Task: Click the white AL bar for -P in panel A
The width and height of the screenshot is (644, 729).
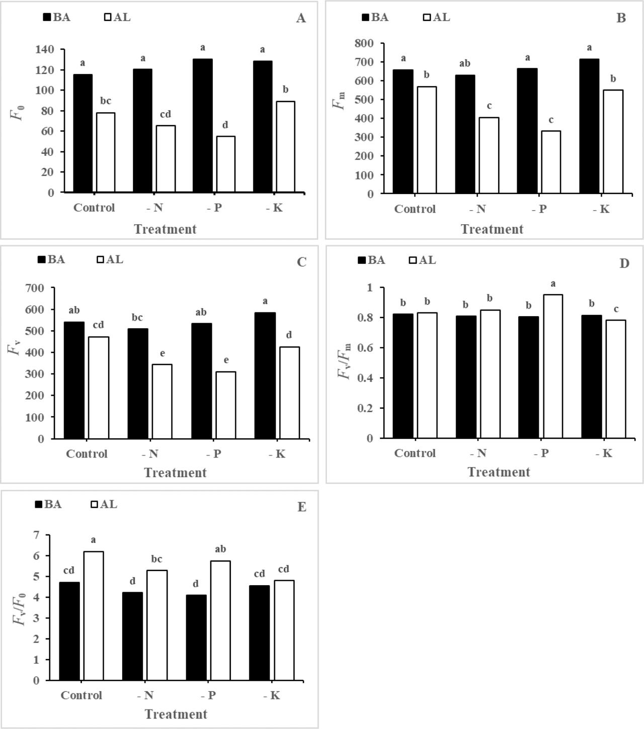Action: (225, 164)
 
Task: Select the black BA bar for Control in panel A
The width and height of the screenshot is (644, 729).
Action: (83, 133)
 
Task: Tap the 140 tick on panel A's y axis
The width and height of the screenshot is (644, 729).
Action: (45, 49)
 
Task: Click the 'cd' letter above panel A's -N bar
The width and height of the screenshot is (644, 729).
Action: (166, 115)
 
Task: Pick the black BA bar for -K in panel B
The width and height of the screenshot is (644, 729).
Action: (589, 126)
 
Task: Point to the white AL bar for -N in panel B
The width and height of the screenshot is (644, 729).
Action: (489, 155)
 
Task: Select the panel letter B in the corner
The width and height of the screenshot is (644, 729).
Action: (621, 18)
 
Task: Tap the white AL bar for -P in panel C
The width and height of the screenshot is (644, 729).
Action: (226, 405)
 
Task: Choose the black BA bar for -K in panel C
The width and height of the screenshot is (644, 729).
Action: (265, 376)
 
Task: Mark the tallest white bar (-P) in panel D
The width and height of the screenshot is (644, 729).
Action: (553, 366)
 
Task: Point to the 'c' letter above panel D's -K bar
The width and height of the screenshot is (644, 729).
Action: (616, 309)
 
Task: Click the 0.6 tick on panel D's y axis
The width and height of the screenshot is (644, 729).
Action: (365, 348)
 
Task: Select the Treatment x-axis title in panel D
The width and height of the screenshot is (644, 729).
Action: (499, 472)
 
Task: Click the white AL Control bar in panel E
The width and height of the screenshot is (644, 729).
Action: (94, 616)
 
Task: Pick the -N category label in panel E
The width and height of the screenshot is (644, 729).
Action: (145, 695)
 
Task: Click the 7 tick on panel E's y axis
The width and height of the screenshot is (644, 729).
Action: (36, 535)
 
